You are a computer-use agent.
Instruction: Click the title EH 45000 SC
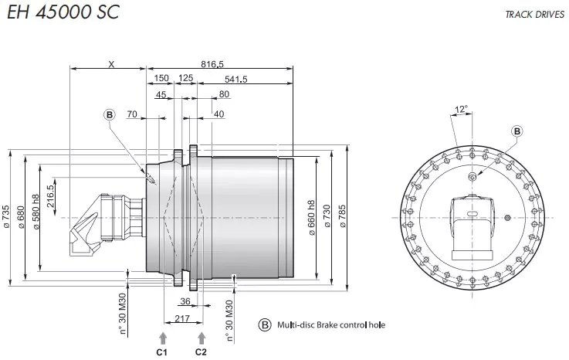pos(63,14)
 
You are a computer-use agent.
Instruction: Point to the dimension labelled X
pos(110,64)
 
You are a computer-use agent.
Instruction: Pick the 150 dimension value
pos(161,79)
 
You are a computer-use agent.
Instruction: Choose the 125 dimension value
pos(185,79)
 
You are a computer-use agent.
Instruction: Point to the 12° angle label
pos(462,110)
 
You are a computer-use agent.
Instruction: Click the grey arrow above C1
pos(162,337)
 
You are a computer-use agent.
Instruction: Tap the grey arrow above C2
pos(202,337)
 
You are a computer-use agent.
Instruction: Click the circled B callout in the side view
pos(110,114)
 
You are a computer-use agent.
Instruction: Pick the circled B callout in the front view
pos(517,131)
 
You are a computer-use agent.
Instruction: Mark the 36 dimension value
pos(185,301)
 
